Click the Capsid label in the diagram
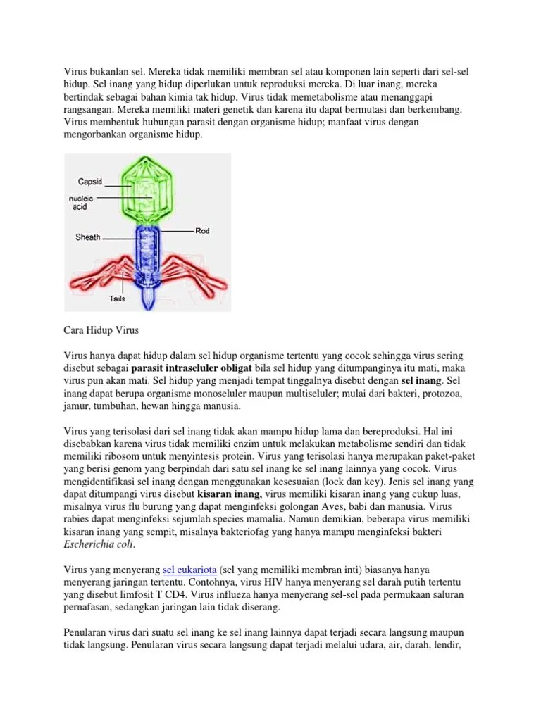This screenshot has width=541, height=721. [x=89, y=182]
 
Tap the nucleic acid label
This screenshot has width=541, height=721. [x=82, y=203]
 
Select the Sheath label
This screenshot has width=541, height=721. [x=88, y=237]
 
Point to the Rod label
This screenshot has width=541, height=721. [x=203, y=230]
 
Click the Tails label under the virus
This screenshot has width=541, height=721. [x=117, y=299]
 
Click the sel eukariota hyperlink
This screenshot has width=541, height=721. [x=189, y=569]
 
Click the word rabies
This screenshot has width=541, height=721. [x=79, y=519]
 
